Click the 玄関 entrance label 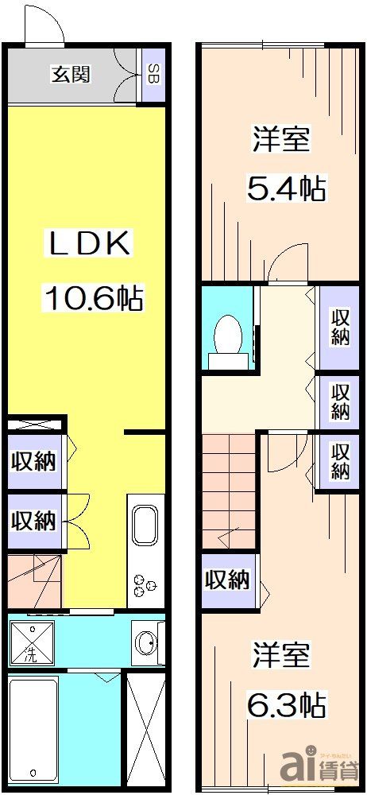70,75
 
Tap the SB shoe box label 152,76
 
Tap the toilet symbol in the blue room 229,339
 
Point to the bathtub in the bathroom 33,728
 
